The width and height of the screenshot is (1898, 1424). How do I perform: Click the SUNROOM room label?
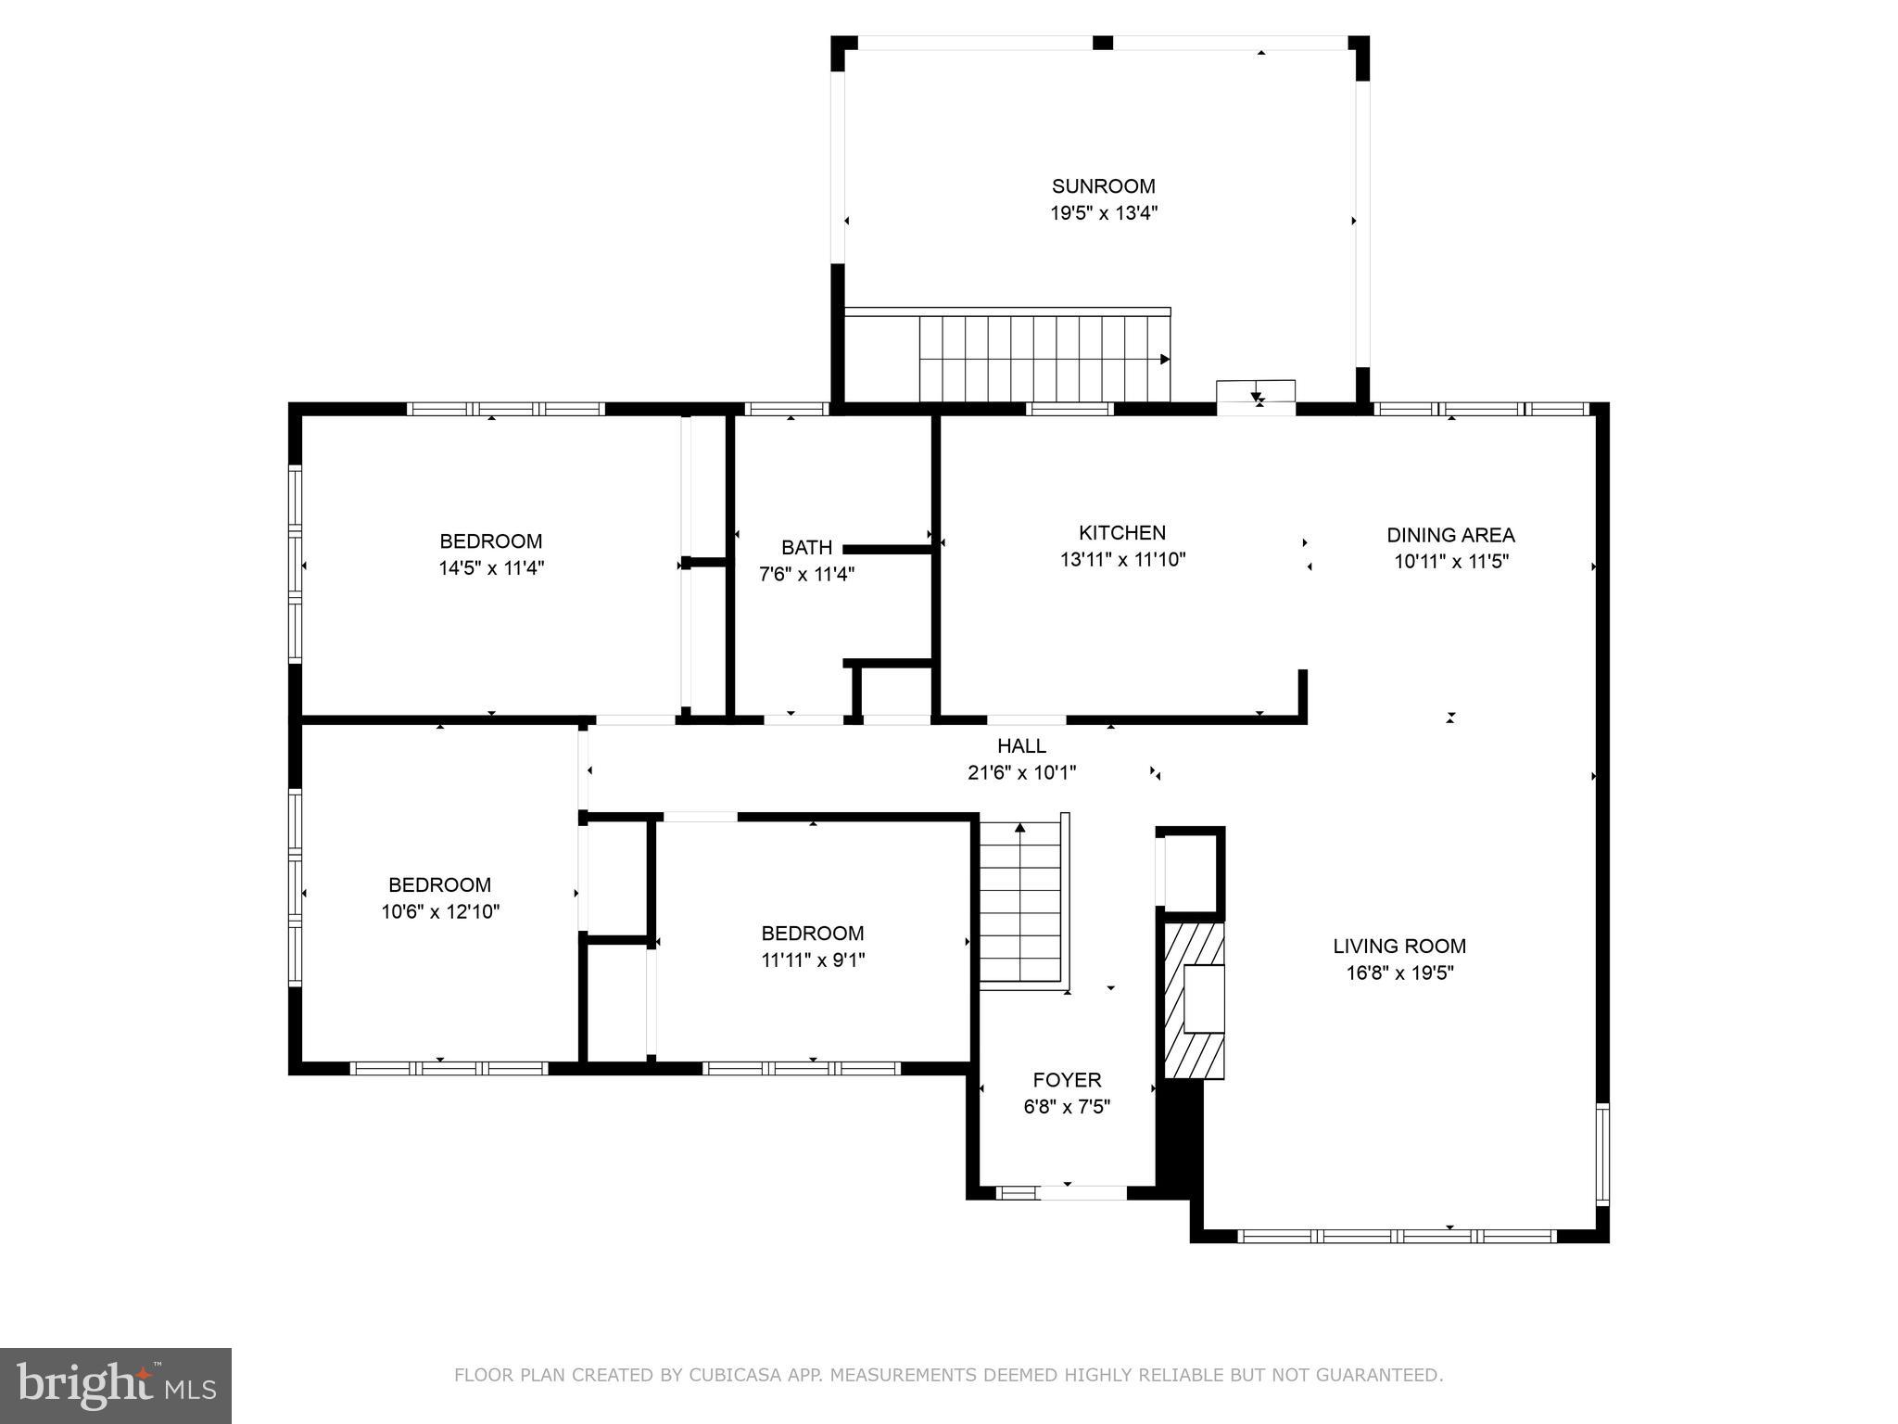[x=1103, y=186]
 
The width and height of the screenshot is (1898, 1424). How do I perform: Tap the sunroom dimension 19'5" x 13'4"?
[x=1103, y=213]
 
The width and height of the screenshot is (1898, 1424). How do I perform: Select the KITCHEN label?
[x=1121, y=533]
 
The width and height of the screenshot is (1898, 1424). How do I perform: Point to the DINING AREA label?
[x=1450, y=535]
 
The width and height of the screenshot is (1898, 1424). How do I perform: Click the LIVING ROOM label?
[x=1399, y=947]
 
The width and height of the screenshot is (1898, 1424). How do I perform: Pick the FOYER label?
[x=1067, y=1080]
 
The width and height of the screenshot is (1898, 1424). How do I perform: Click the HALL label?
[x=1021, y=746]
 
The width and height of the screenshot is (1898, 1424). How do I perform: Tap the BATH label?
[x=806, y=548]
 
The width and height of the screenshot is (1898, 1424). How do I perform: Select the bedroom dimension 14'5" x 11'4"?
[x=491, y=568]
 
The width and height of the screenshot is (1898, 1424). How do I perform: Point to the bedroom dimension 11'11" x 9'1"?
[x=813, y=960]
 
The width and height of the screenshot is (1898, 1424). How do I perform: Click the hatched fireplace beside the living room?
[x=1194, y=1000]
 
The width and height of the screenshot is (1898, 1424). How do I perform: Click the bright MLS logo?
[x=115, y=1386]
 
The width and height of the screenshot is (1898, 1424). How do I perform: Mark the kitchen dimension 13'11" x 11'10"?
[x=1122, y=560]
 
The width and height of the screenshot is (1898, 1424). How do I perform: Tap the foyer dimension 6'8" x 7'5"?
[x=1067, y=1107]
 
